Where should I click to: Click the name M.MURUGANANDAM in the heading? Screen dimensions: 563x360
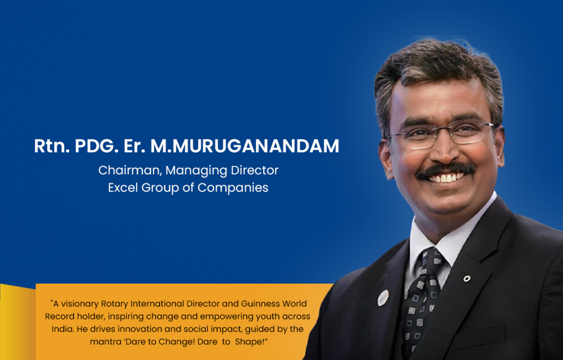[245, 146]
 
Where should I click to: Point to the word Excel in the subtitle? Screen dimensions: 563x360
[123, 187]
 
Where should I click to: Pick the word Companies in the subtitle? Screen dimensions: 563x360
[233, 188]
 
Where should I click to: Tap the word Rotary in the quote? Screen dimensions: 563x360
[114, 304]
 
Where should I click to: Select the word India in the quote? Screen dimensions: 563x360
[63, 329]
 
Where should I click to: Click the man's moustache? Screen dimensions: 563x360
[445, 170]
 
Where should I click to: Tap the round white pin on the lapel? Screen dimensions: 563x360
[383, 298]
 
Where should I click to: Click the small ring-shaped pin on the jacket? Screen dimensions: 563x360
[467, 279]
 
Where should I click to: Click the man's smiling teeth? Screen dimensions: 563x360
[445, 178]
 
